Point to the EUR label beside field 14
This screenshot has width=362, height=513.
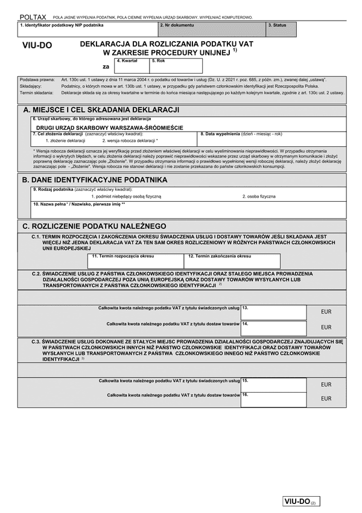pos(326,327)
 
